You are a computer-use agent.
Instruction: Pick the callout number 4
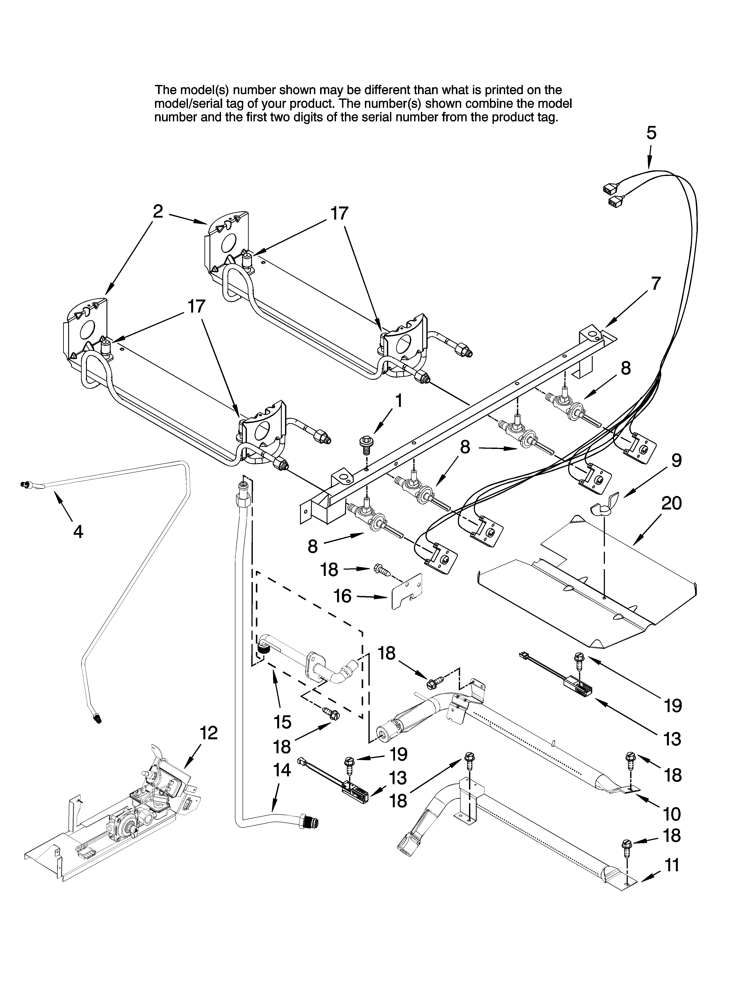click(78, 531)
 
